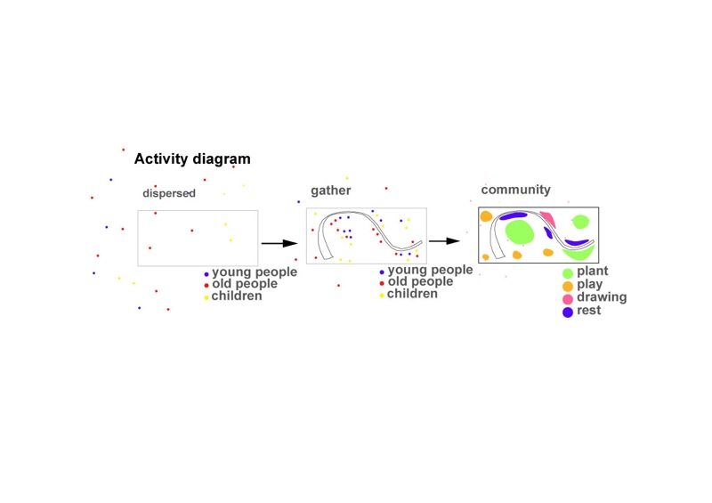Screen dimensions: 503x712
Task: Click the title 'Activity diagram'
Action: tap(192, 159)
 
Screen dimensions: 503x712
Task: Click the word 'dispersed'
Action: tap(168, 193)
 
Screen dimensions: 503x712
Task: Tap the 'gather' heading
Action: tap(330, 191)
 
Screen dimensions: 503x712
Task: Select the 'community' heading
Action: tap(515, 190)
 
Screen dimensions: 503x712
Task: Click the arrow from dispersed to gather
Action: tap(278, 242)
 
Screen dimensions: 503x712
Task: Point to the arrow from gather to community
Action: tap(443, 239)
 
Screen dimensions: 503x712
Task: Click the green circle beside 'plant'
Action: tap(567, 272)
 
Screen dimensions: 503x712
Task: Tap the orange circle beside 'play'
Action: tap(567, 285)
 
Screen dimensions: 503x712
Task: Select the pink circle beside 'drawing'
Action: tap(567, 298)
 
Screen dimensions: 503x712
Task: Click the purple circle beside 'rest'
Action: tap(567, 312)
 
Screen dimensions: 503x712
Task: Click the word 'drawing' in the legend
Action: tap(602, 297)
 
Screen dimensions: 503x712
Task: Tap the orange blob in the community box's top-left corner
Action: tap(486, 216)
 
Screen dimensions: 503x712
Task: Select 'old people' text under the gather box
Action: tap(420, 281)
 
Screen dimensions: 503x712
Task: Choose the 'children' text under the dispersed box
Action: tap(236, 296)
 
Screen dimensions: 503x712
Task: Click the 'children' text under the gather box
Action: tap(412, 293)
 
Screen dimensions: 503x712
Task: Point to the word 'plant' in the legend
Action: tap(592, 271)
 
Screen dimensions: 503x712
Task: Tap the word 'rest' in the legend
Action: tap(588, 311)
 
